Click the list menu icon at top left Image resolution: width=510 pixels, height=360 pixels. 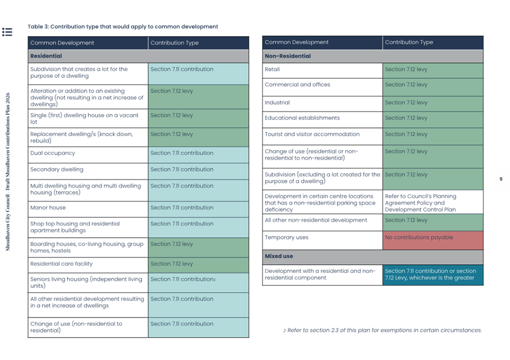coord(7,32)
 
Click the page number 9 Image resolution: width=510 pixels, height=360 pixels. coord(501,179)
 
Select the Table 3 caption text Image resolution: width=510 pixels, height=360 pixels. coord(123,26)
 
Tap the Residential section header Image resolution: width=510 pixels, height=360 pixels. coord(46,56)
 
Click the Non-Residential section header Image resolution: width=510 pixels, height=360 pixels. coord(288,56)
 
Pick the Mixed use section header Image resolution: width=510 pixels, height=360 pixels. coord(279,256)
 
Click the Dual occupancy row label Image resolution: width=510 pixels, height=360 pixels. coord(53,153)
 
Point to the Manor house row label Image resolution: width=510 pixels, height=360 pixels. coord(48,208)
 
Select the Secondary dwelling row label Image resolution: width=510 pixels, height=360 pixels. coord(57,169)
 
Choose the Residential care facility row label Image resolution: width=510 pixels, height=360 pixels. coord(61,264)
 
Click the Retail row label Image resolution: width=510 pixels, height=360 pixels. coord(272,69)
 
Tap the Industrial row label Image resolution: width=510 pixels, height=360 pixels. coord(277,103)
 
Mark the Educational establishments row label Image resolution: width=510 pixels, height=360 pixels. coord(302,118)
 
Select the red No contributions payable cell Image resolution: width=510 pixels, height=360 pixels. coord(433,240)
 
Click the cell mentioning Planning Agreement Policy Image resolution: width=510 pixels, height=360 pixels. coord(433,202)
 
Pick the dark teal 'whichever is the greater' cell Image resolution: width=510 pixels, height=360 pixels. coord(433,275)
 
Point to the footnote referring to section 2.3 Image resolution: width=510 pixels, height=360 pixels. coord(383,330)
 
